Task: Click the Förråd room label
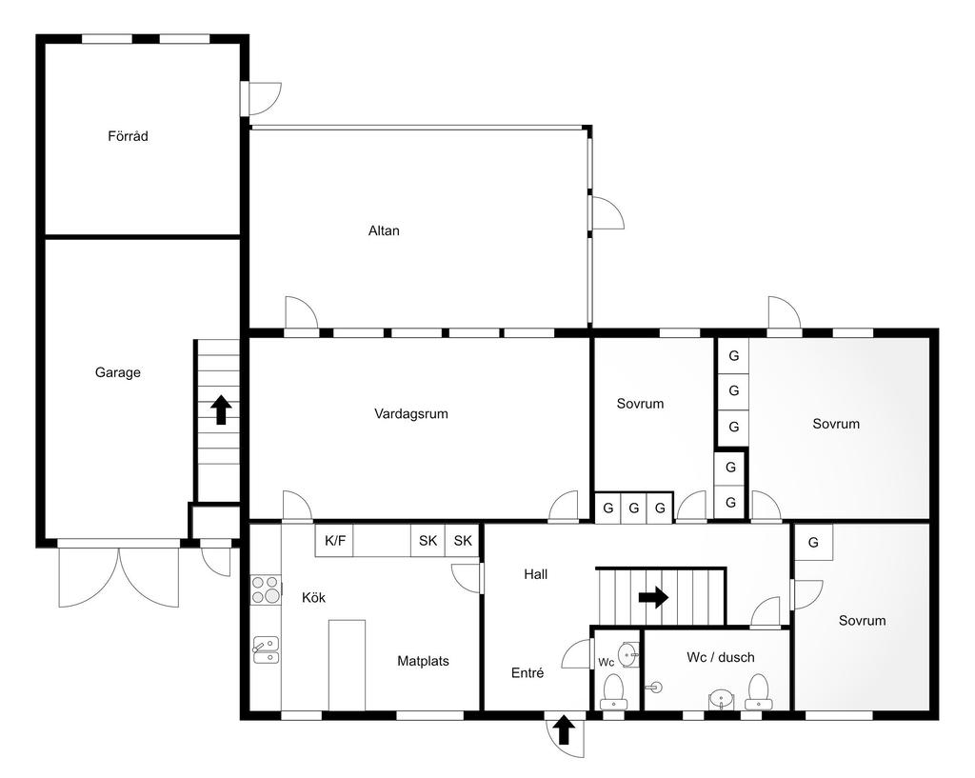coord(129,135)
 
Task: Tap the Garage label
coord(117,372)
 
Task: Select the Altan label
coord(384,230)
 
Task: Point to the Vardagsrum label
coord(411,413)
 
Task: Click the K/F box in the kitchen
coord(335,541)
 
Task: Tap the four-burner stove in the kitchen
coord(267,589)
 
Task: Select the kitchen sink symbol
coord(267,649)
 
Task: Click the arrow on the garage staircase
coord(221,410)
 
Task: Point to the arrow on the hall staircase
coord(653,598)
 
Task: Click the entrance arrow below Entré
coord(564,730)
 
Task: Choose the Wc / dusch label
coord(721,657)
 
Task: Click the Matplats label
coord(423,661)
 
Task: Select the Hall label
coord(535,574)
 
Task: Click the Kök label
coord(313,598)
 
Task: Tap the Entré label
coord(527,673)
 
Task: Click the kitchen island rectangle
coord(347,665)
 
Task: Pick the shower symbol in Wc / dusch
coord(653,688)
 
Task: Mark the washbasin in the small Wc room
coord(628,655)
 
